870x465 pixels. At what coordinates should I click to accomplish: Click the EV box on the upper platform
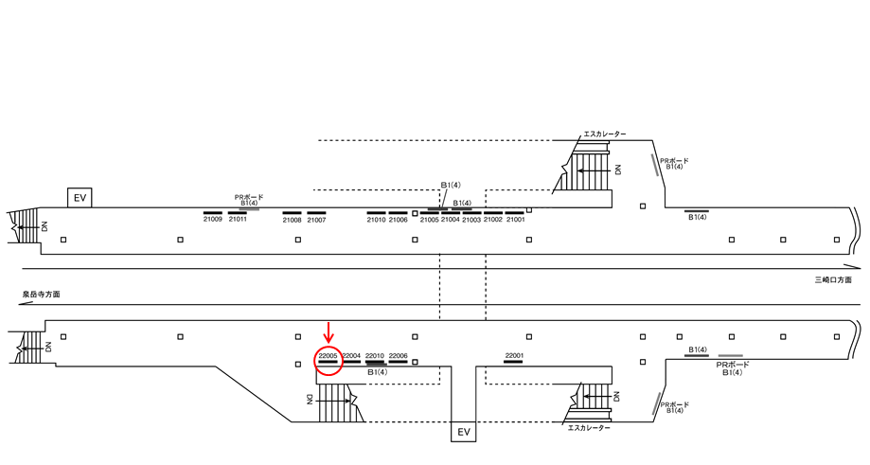click(x=80, y=198)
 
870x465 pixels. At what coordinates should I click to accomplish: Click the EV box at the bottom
click(x=464, y=432)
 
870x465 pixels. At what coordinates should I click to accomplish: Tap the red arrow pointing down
click(x=328, y=332)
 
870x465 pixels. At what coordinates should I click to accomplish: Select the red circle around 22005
click(x=328, y=361)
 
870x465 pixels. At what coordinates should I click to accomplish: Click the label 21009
click(x=213, y=220)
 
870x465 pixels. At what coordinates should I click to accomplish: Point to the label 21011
click(x=238, y=220)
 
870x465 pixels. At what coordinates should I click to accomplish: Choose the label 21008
click(x=292, y=220)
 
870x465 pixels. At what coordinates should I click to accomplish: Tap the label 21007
click(x=316, y=220)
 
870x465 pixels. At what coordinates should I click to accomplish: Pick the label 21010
click(x=376, y=220)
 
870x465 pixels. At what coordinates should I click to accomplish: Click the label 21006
click(x=399, y=220)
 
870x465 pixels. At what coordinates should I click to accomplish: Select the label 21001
click(x=515, y=220)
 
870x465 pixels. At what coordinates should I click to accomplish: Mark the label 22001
click(x=514, y=355)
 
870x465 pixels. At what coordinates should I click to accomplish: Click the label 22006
click(x=399, y=355)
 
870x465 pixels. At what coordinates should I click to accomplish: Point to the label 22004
click(x=351, y=355)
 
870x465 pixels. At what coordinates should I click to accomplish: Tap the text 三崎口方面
click(x=835, y=280)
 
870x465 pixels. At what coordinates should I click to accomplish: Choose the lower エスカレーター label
click(x=589, y=428)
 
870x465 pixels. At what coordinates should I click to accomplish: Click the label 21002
click(x=493, y=220)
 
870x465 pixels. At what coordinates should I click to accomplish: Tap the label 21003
click(x=471, y=220)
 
